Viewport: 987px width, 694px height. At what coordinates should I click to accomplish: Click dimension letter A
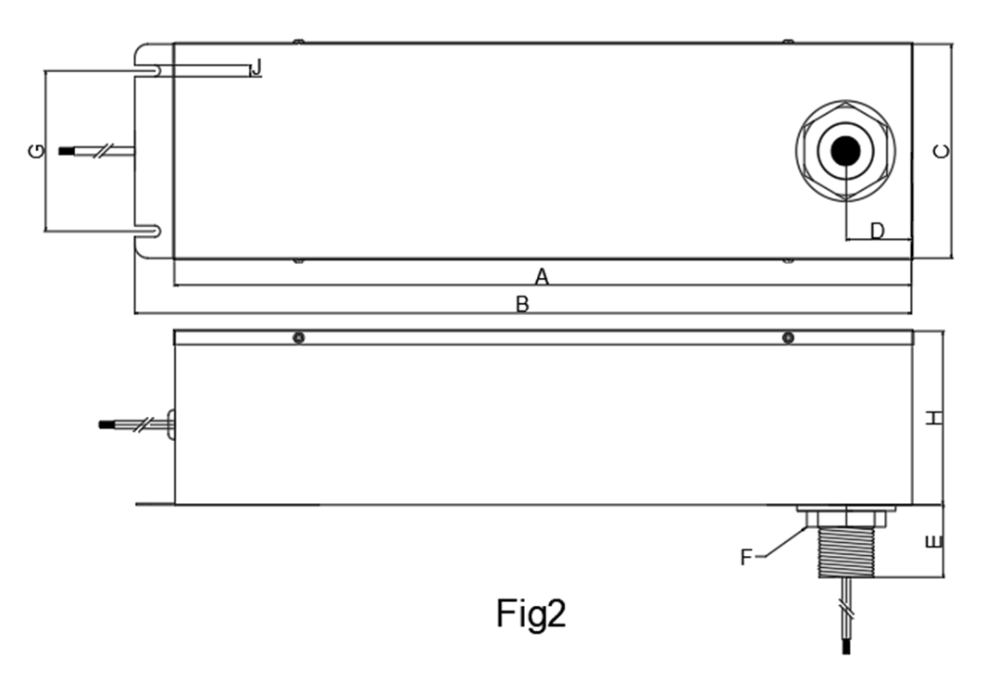(542, 276)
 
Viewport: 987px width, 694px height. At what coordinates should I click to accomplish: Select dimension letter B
(522, 304)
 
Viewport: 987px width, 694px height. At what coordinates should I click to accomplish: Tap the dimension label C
(942, 152)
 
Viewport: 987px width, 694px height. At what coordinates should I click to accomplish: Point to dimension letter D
(878, 231)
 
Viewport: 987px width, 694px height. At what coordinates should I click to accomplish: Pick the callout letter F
(746, 558)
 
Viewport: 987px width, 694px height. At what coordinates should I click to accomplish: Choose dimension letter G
(38, 151)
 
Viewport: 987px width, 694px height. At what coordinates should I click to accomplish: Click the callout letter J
(256, 68)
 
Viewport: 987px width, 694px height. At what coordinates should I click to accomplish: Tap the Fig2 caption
(531, 614)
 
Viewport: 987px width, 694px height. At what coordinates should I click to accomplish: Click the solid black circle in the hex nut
(845, 151)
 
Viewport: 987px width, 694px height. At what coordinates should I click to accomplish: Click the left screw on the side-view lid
(299, 338)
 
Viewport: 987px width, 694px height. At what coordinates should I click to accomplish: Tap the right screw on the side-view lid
(787, 338)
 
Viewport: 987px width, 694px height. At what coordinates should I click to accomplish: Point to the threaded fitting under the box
(846, 551)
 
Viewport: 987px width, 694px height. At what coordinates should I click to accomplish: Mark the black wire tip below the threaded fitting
(846, 646)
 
